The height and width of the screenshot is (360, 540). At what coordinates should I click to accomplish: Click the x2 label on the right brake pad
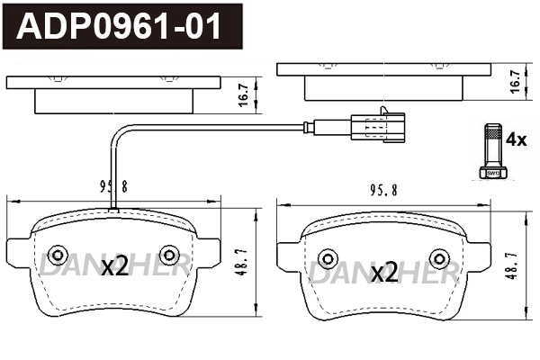coord(384,272)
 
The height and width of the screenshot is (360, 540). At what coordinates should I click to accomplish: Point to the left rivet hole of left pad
coord(58,254)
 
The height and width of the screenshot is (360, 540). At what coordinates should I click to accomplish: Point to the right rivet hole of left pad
coord(168,254)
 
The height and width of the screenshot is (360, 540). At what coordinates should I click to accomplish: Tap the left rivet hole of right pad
coord(328,256)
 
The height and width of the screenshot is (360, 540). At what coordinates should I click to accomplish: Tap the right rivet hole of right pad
coord(438,256)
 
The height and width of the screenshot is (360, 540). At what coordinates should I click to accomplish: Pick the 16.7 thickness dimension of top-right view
coord(515,81)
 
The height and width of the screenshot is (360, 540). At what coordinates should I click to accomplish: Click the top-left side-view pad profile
coord(113,94)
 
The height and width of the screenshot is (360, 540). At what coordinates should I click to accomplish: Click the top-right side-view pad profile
coord(383,81)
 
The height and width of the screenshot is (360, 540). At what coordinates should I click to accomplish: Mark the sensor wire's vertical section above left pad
coord(112,171)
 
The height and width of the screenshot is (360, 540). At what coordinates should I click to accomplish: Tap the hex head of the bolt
coord(490,170)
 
